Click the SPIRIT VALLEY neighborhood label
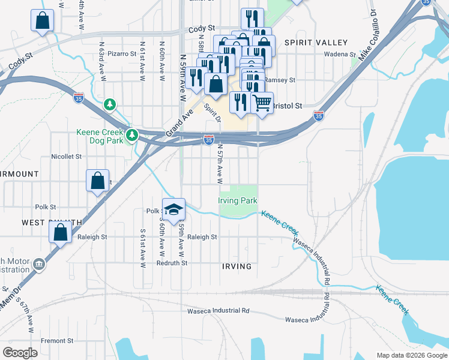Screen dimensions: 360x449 [316, 43]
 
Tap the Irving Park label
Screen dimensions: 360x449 [237, 200]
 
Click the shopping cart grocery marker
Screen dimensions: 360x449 [262, 103]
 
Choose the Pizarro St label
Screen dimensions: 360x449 [123, 53]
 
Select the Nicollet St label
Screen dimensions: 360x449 [66, 157]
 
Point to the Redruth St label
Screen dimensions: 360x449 [172, 263]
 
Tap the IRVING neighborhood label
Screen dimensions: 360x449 [236, 266]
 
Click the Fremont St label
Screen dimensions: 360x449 [57, 341]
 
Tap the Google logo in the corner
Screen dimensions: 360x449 [20, 352]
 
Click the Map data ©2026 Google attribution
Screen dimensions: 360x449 [411, 355]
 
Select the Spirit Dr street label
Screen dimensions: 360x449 [212, 113]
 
